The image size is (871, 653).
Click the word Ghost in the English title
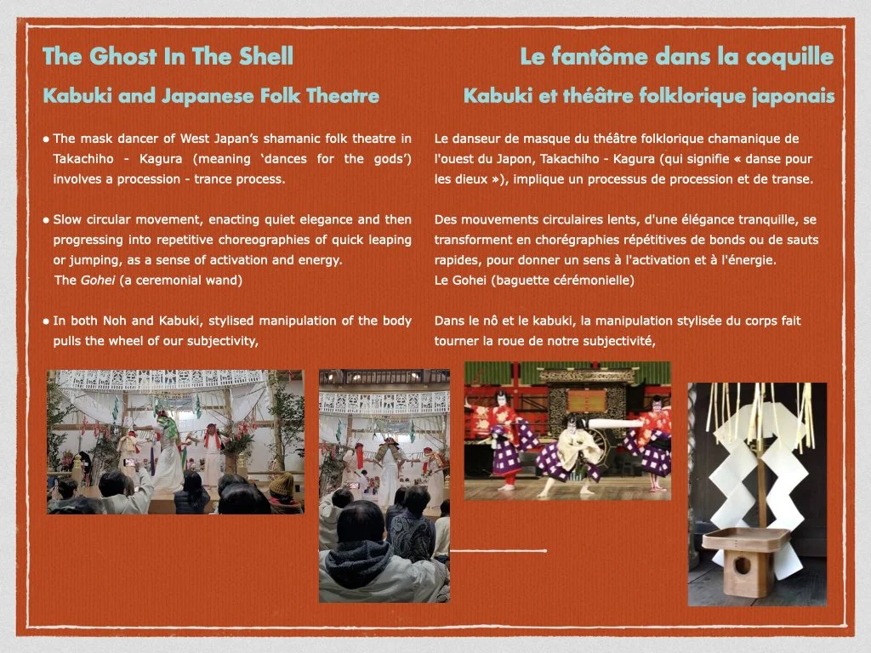[122, 57]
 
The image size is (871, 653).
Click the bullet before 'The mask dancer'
[46, 139]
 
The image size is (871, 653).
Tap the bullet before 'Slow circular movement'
[46, 220]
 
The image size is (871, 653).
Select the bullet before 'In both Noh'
[46, 321]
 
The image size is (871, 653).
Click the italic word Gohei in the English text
[98, 280]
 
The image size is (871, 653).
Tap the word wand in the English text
[226, 280]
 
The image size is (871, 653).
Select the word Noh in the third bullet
[114, 321]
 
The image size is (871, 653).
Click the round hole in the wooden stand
[742, 565]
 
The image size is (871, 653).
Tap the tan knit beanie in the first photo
[282, 484]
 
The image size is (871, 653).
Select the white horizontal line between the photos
[498, 551]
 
